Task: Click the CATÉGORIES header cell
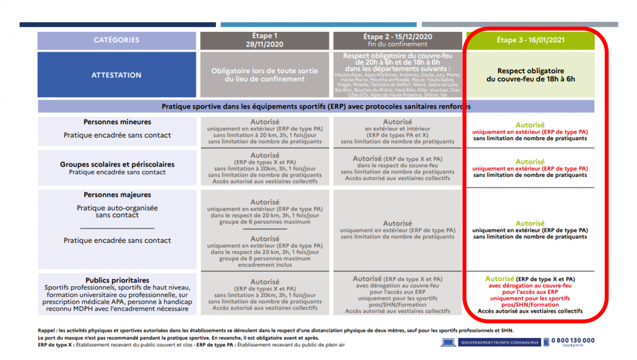[116, 40]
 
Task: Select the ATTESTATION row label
[116, 75]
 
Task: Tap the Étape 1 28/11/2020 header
[264, 40]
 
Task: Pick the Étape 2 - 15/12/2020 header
[397, 40]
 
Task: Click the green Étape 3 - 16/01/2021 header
[530, 40]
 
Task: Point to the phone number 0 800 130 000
[573, 340]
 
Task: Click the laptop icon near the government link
[448, 342]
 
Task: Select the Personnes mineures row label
[117, 122]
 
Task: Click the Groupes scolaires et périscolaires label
[117, 164]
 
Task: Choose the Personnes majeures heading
[117, 195]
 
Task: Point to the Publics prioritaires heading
[117, 280]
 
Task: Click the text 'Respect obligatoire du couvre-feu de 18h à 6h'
[530, 75]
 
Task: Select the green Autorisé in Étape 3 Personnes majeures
[530, 223]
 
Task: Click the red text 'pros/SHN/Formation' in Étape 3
[530, 304]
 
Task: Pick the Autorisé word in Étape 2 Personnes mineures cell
[397, 122]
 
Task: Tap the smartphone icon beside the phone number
[546, 342]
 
